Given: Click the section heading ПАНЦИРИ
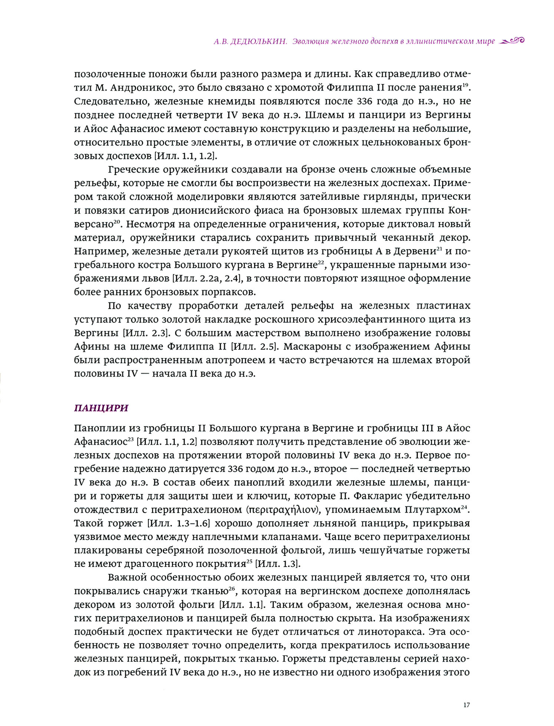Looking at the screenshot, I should pyautogui.click(x=101, y=408).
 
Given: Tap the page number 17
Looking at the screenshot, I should pyautogui.click(x=466, y=705).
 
